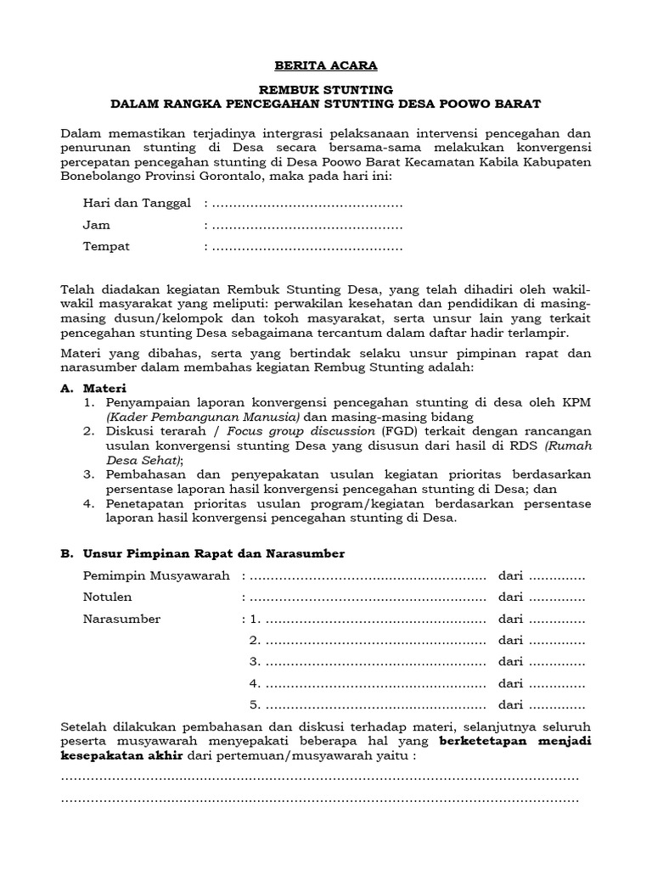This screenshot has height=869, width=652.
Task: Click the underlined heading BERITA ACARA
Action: (326, 65)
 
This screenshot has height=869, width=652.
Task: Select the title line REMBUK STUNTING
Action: (326, 89)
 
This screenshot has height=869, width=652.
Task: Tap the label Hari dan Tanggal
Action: (136, 204)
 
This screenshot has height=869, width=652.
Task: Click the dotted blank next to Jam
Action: (306, 226)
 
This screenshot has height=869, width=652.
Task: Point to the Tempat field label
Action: (106, 247)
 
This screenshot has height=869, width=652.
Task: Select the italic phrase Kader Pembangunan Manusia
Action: (204, 418)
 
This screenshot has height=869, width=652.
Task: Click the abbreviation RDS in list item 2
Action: (525, 446)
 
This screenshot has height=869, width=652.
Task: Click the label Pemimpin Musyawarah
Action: (156, 576)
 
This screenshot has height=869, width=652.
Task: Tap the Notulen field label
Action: (108, 597)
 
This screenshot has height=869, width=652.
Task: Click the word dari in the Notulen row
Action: (511, 597)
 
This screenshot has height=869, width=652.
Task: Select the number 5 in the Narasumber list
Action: (253, 704)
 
